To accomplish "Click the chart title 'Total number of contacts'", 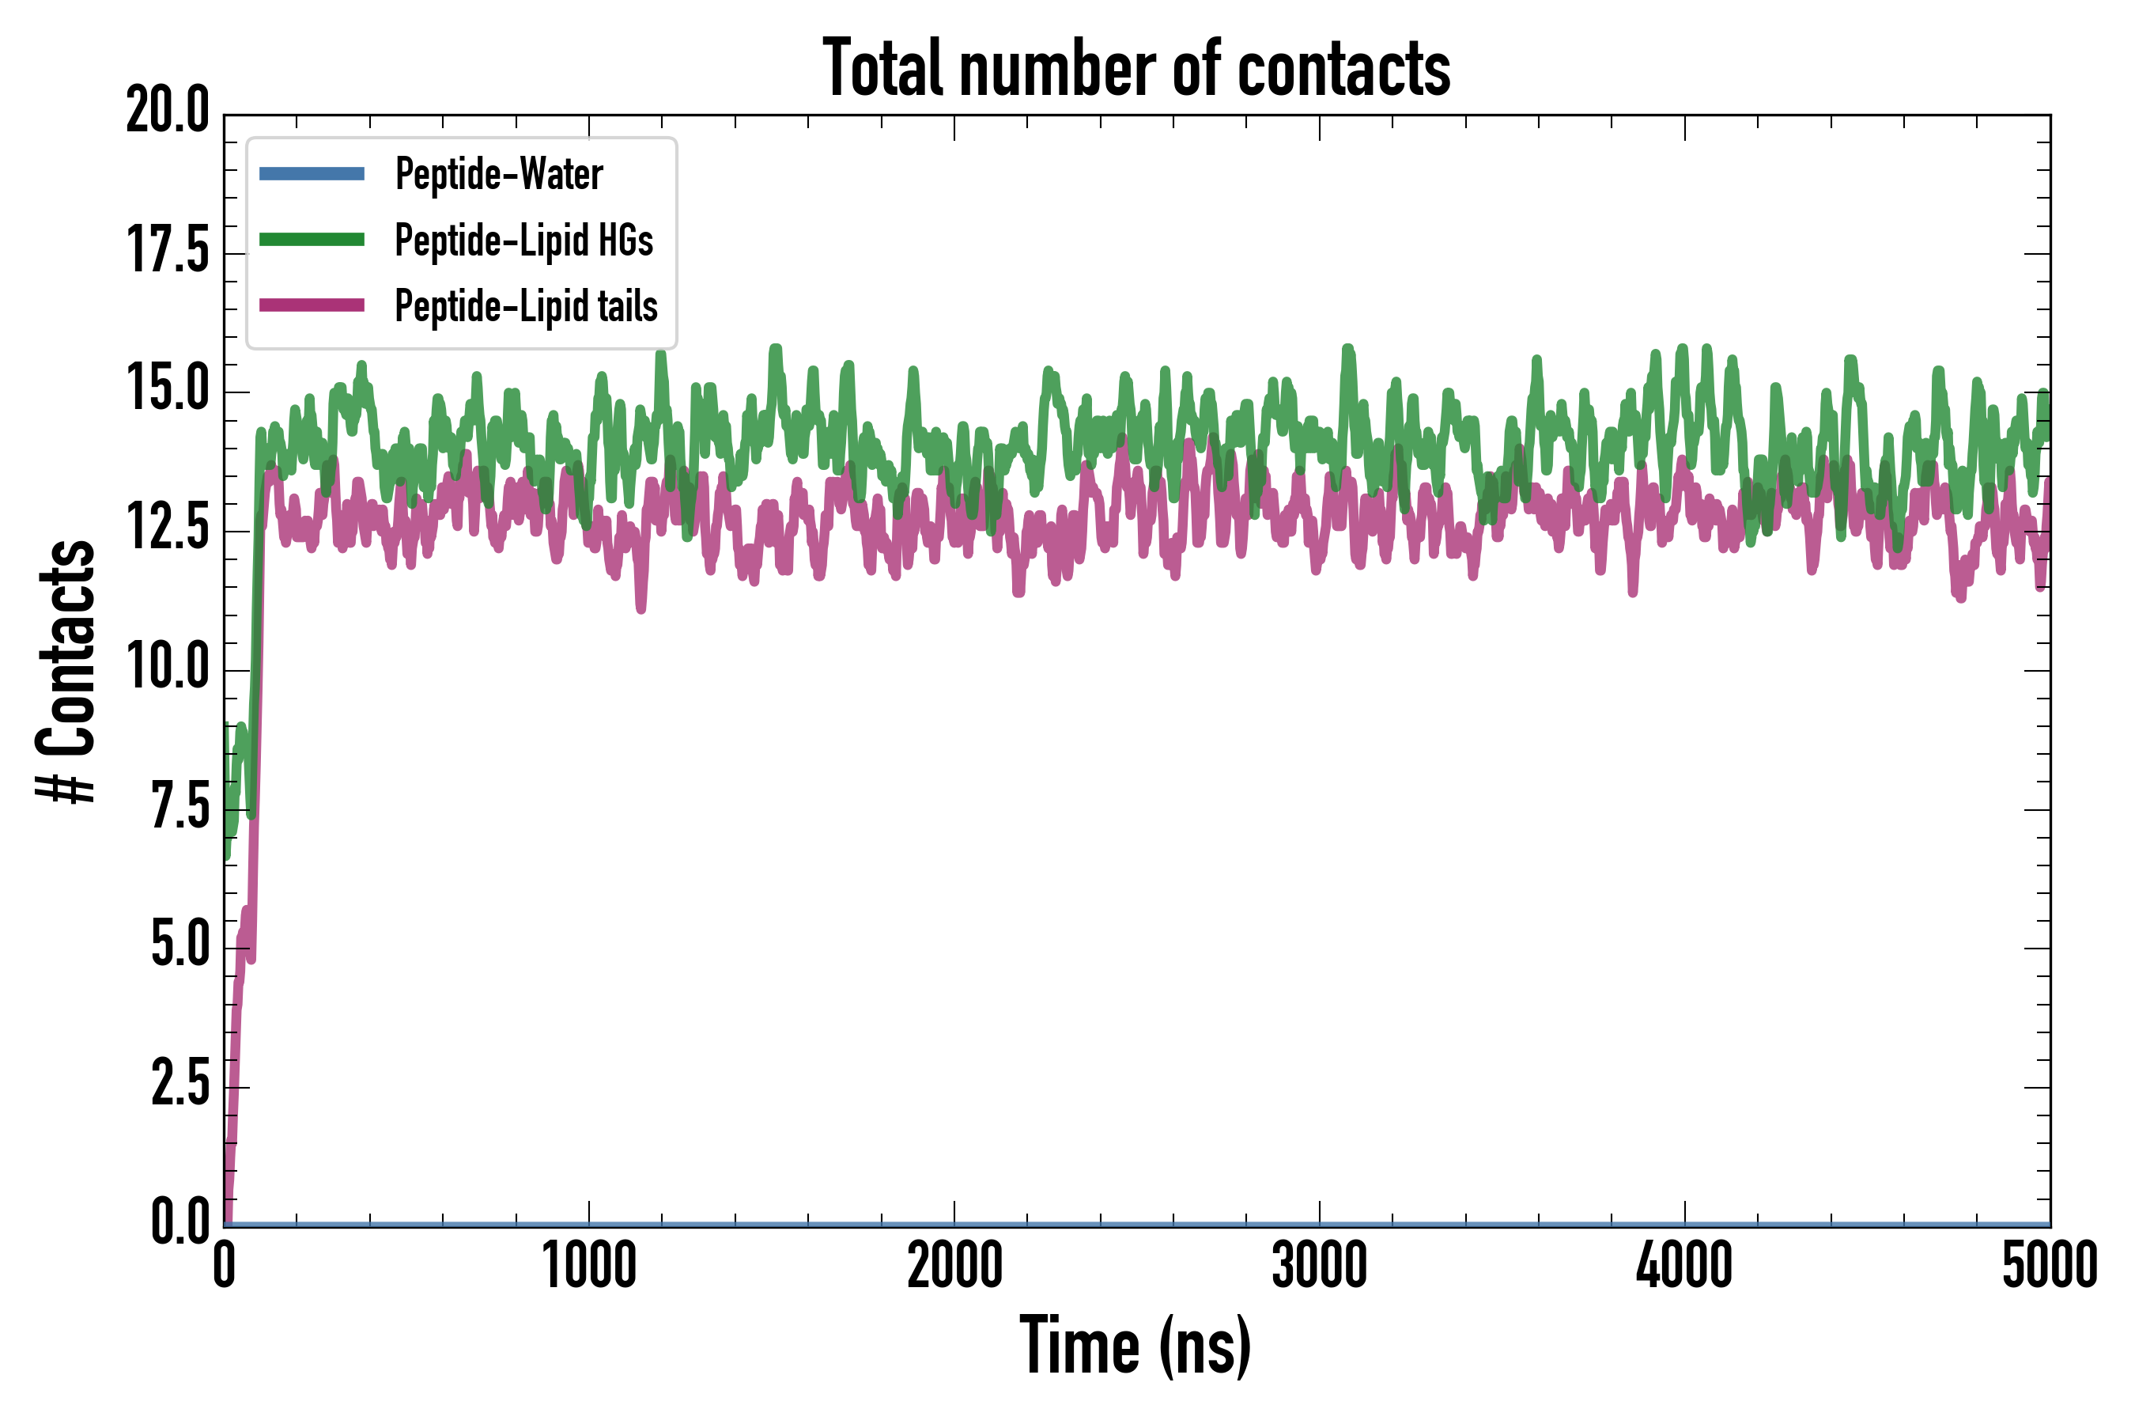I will pyautogui.click(x=1136, y=68).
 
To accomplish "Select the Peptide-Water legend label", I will pyautogui.click(x=498, y=173).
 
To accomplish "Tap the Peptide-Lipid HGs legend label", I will pyautogui.click(x=523, y=240).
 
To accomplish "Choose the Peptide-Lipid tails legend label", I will pyautogui.click(x=526, y=306).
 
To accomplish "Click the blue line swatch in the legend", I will pyautogui.click(x=312, y=173).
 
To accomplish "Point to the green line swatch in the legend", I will pyautogui.click(x=312, y=240).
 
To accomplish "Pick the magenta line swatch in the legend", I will pyautogui.click(x=312, y=306).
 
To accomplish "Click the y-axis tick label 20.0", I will pyautogui.click(x=168, y=112).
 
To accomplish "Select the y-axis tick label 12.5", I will pyautogui.click(x=168, y=528).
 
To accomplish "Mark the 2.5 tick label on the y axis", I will pyautogui.click(x=179, y=1085).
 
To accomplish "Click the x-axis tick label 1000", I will pyautogui.click(x=589, y=1266).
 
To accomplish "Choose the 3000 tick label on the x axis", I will pyautogui.click(x=1319, y=1266).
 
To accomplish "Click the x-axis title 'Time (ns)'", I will pyautogui.click(x=1136, y=1346).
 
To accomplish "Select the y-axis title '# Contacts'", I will pyautogui.click(x=66, y=672).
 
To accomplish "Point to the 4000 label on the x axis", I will pyautogui.click(x=1683, y=1266).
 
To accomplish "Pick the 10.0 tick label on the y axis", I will pyautogui.click(x=168, y=668).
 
